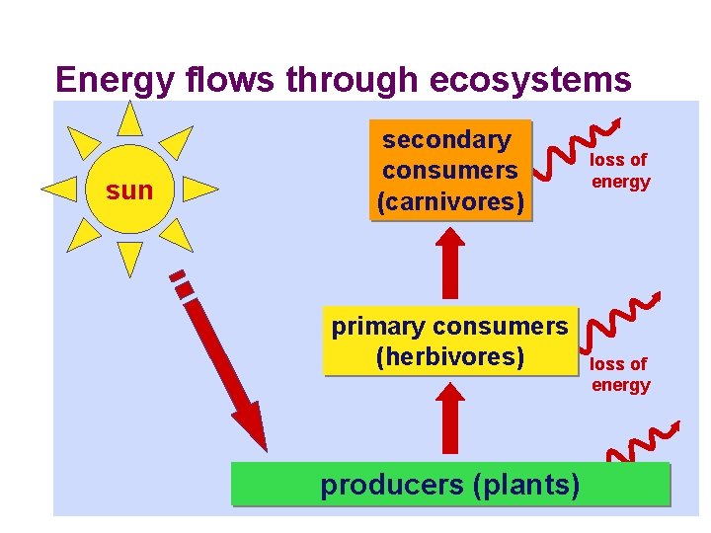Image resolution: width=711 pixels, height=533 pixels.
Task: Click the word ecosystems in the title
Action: [532, 79]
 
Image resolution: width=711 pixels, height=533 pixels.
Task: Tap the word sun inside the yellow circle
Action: [129, 190]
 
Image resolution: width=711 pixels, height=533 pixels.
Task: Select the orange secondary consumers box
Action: [450, 170]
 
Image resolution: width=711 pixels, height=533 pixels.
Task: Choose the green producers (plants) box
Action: [450, 485]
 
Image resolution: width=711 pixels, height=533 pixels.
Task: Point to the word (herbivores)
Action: [450, 355]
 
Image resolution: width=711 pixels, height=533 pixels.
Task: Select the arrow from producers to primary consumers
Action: [450, 420]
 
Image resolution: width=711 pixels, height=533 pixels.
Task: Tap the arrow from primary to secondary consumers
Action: [450, 262]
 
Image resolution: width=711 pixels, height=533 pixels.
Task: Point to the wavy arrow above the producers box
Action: [642, 443]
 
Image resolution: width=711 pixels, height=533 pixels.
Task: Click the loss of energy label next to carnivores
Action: [620, 170]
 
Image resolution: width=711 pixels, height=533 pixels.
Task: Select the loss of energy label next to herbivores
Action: [620, 374]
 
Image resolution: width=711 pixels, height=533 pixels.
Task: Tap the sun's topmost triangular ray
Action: [128, 119]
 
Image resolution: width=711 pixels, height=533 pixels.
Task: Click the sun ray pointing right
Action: [199, 190]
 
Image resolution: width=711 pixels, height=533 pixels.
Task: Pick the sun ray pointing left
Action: [58, 188]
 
